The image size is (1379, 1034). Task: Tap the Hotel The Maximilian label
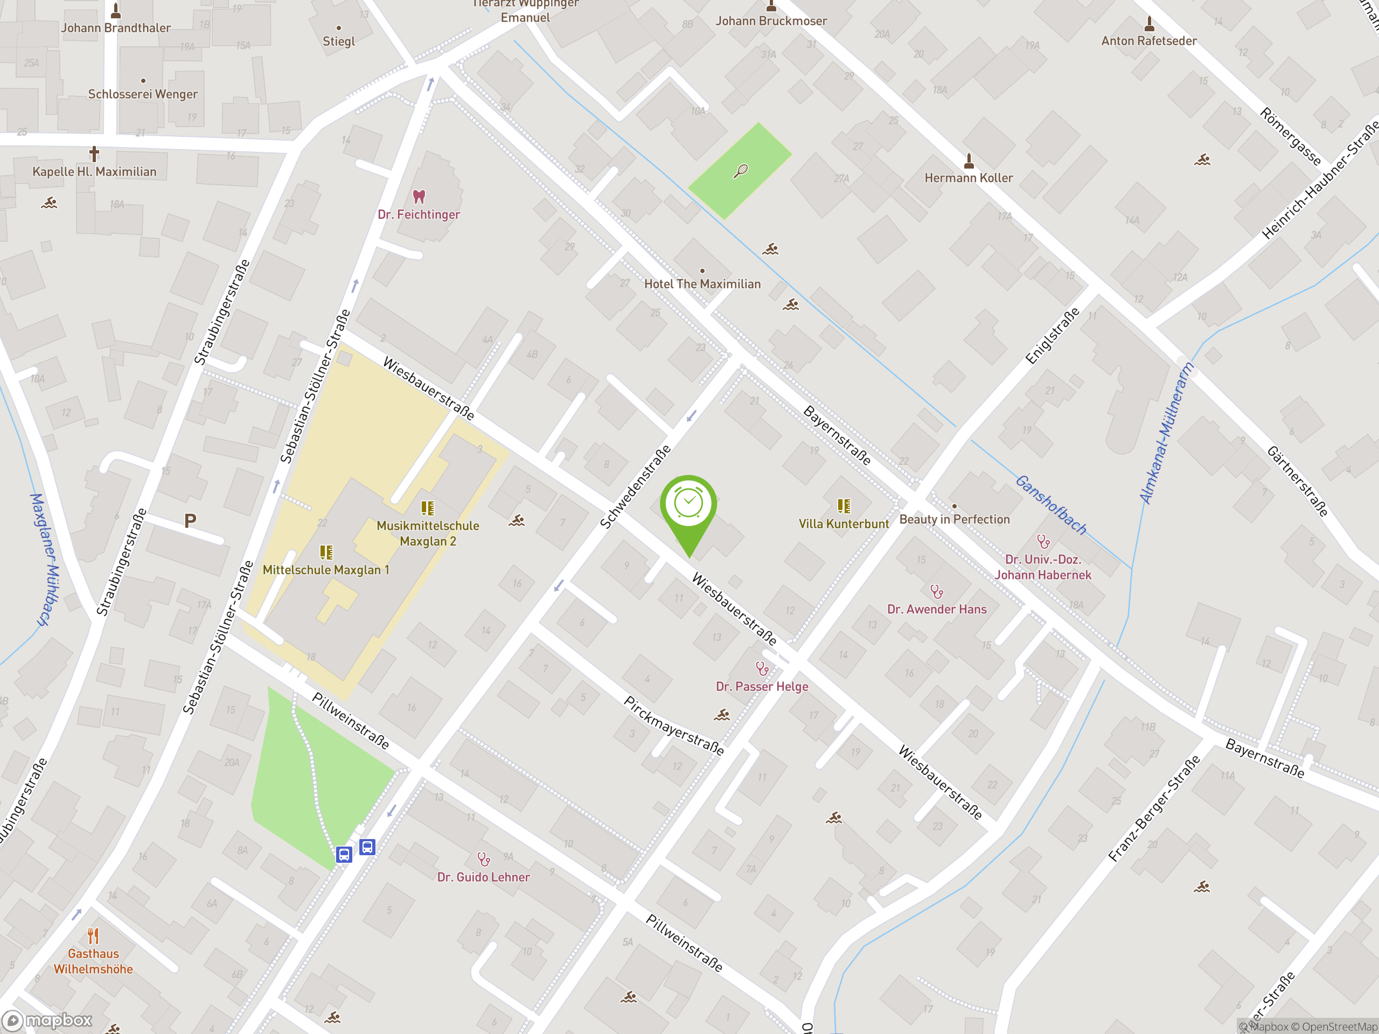[702, 284]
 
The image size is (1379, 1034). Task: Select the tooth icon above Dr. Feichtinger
[419, 197]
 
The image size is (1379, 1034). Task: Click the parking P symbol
[190, 520]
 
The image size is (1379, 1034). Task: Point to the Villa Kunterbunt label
[844, 524]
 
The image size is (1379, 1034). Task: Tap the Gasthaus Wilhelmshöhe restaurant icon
[94, 935]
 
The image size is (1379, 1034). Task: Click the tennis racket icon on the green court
[741, 170]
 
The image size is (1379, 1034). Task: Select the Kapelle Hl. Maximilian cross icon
[94, 153]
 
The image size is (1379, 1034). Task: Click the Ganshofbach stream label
[1050, 505]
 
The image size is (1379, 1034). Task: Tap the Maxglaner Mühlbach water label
[45, 559]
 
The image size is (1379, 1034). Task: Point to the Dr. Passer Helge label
[762, 687]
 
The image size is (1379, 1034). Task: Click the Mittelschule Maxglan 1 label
[325, 570]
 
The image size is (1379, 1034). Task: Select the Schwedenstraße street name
[635, 487]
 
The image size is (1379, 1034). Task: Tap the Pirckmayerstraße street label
[674, 726]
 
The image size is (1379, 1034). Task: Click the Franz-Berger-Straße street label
[1154, 808]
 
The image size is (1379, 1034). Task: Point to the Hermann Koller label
[968, 178]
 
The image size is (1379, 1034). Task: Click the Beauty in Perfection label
[954, 520]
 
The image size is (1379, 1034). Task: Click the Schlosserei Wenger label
[143, 95]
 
